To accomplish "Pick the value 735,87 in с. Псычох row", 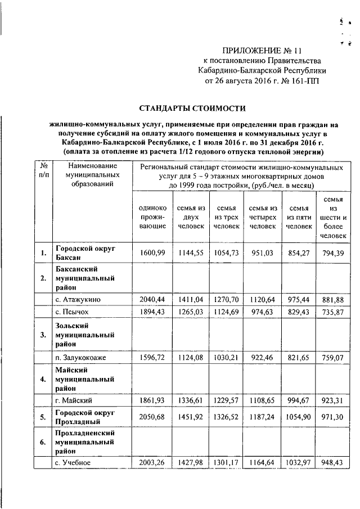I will click(334, 311).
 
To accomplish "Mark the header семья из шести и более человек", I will click(334, 217).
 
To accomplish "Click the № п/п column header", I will click(43, 171).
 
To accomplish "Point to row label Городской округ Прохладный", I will click(85, 418).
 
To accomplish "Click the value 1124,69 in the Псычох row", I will click(225, 311).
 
